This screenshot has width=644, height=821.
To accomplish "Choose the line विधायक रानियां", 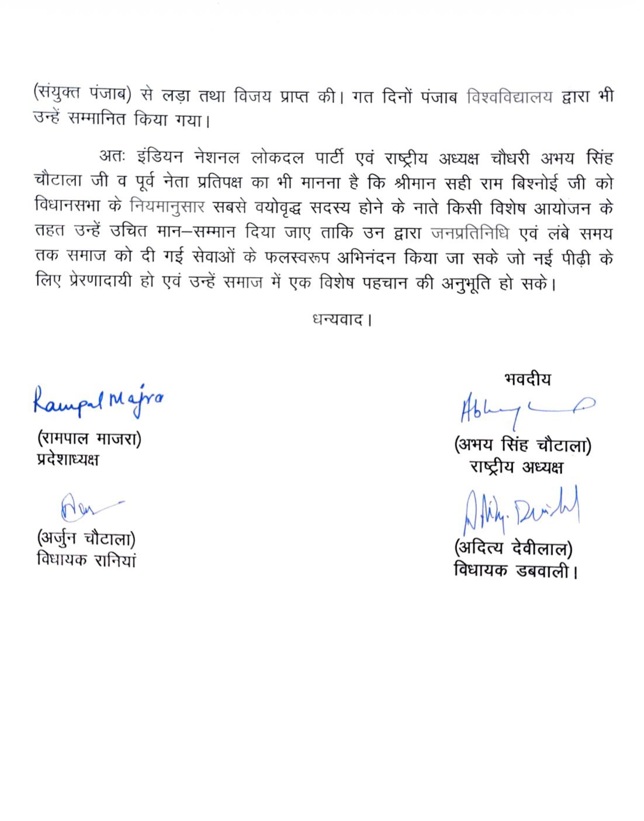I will tap(86, 560).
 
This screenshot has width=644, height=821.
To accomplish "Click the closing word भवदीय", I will tap(527, 379).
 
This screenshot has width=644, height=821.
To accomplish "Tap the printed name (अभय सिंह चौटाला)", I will tap(522, 446).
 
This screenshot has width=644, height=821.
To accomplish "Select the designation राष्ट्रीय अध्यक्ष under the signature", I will tap(517, 467).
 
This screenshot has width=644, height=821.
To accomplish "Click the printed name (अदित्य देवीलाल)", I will tap(513, 549).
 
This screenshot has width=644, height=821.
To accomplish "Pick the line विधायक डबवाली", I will tap(515, 570).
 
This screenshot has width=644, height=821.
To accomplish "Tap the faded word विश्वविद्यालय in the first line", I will tap(510, 98).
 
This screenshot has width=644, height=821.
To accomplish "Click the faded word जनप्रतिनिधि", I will tap(470, 233).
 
